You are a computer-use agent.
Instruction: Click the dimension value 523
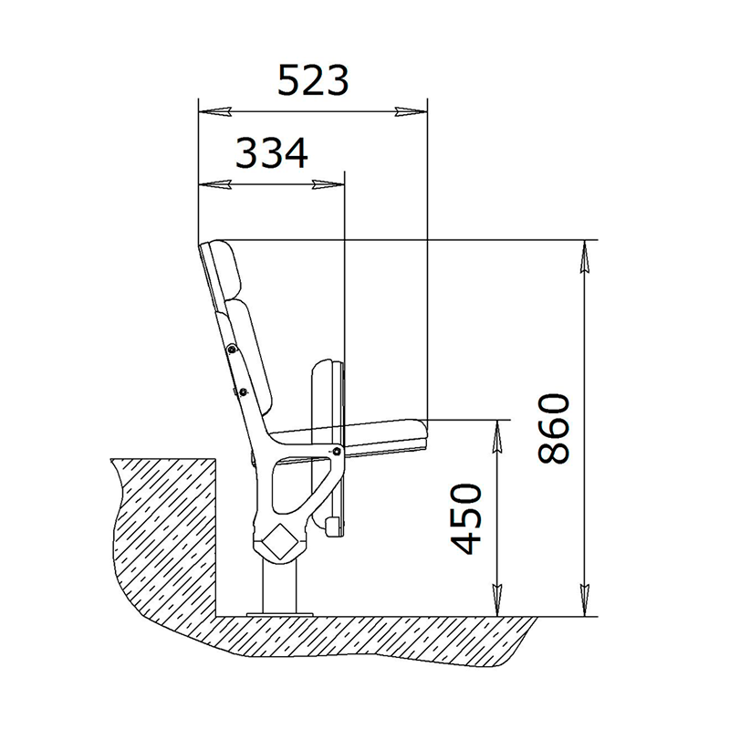(x=313, y=80)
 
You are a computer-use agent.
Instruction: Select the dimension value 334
(x=272, y=152)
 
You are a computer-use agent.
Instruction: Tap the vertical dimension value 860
(x=553, y=429)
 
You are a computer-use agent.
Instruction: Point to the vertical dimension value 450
(x=465, y=518)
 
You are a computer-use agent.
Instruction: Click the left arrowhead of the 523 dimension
(x=214, y=111)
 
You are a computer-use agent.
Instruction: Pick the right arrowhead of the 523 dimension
(x=411, y=111)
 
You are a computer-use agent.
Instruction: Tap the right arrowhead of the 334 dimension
(x=328, y=185)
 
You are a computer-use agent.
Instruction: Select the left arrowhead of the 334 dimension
(x=214, y=185)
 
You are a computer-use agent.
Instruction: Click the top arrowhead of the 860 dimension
(x=584, y=256)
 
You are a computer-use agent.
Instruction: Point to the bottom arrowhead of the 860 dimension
(x=584, y=600)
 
